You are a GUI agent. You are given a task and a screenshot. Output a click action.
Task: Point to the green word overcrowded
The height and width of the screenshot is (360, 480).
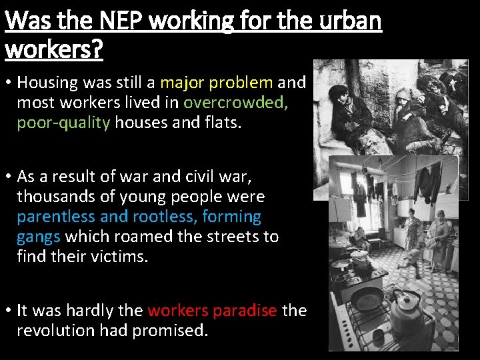pyautogui.click(x=235, y=103)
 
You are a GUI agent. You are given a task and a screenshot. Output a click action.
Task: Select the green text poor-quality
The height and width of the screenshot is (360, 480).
pyautogui.click(x=63, y=123)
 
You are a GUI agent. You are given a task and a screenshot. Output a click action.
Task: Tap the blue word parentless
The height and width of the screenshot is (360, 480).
pyautogui.click(x=57, y=217)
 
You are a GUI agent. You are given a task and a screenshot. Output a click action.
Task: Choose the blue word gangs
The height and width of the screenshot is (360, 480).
pyautogui.click(x=39, y=237)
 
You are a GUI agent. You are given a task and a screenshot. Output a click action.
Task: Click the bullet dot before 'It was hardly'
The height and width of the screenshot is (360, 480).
pyautogui.click(x=8, y=311)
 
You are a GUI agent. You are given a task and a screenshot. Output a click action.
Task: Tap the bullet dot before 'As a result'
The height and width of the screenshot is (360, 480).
pyautogui.click(x=8, y=177)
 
